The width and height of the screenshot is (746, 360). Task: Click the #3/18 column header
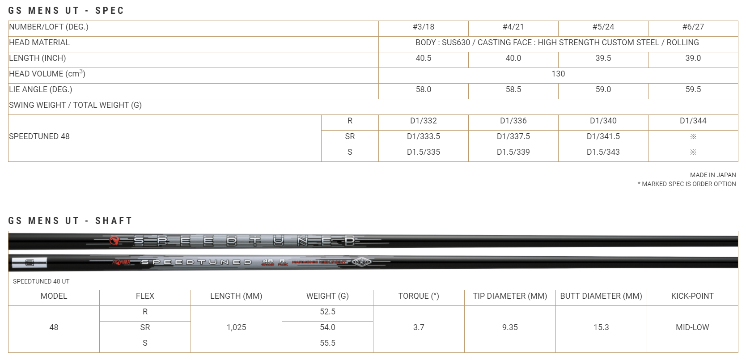(423, 27)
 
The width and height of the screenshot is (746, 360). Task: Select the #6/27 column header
(693, 27)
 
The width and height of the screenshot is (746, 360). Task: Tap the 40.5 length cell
(423, 58)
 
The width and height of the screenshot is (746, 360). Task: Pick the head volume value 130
(558, 74)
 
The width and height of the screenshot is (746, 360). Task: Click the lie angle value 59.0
(603, 89)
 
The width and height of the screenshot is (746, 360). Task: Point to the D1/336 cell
(513, 121)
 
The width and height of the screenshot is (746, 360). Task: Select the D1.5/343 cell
(603, 152)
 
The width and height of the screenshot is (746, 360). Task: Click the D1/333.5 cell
(423, 136)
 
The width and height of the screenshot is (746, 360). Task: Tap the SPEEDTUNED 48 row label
(39, 136)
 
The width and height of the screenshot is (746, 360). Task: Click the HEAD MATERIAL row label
(39, 42)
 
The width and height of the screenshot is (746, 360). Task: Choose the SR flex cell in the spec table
(350, 136)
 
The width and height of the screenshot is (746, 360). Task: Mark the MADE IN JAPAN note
(712, 175)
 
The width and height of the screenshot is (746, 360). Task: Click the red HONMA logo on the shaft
(121, 262)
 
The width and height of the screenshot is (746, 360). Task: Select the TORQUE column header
(419, 296)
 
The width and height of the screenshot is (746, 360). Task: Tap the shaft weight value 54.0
(327, 327)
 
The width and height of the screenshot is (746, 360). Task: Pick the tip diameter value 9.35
(510, 327)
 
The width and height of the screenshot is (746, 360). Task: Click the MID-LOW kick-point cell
(692, 327)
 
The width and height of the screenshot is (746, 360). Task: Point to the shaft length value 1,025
(236, 327)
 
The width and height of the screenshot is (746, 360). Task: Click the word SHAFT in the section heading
(114, 220)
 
